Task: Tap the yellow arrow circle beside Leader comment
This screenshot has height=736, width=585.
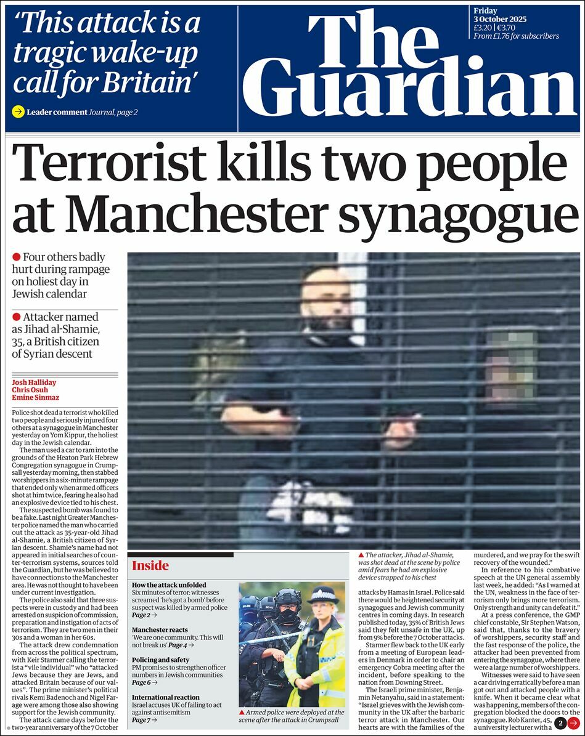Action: [18, 112]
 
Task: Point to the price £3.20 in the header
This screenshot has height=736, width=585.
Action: [482, 27]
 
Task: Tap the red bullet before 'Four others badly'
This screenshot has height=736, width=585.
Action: [17, 257]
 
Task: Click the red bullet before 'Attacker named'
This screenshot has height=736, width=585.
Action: [17, 317]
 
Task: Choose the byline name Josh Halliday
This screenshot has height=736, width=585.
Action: [34, 382]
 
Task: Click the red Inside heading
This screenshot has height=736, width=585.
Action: [150, 565]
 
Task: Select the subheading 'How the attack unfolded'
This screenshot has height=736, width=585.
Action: [169, 584]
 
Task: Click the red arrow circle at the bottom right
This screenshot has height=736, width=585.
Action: [573, 724]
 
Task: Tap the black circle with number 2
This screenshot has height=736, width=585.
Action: [560, 724]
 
